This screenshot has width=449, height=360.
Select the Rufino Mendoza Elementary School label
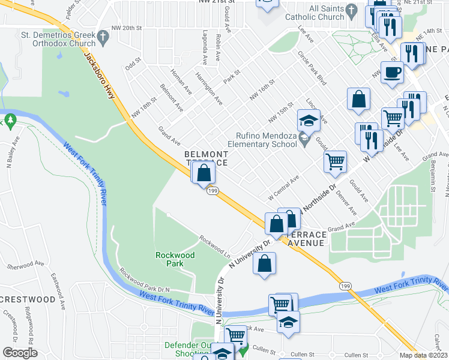pos(262,140)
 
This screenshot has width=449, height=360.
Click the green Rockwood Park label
pos(175,259)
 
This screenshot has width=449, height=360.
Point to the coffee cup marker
pos(392,73)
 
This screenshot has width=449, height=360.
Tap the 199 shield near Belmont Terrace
pos(212,190)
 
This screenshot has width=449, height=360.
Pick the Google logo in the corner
pos(20,353)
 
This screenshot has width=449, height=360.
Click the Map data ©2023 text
pos(424,355)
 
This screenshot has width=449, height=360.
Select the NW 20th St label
pos(134,28)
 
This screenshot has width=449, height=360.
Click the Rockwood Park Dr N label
pos(145,280)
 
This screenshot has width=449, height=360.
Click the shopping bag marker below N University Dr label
pos(265,263)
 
